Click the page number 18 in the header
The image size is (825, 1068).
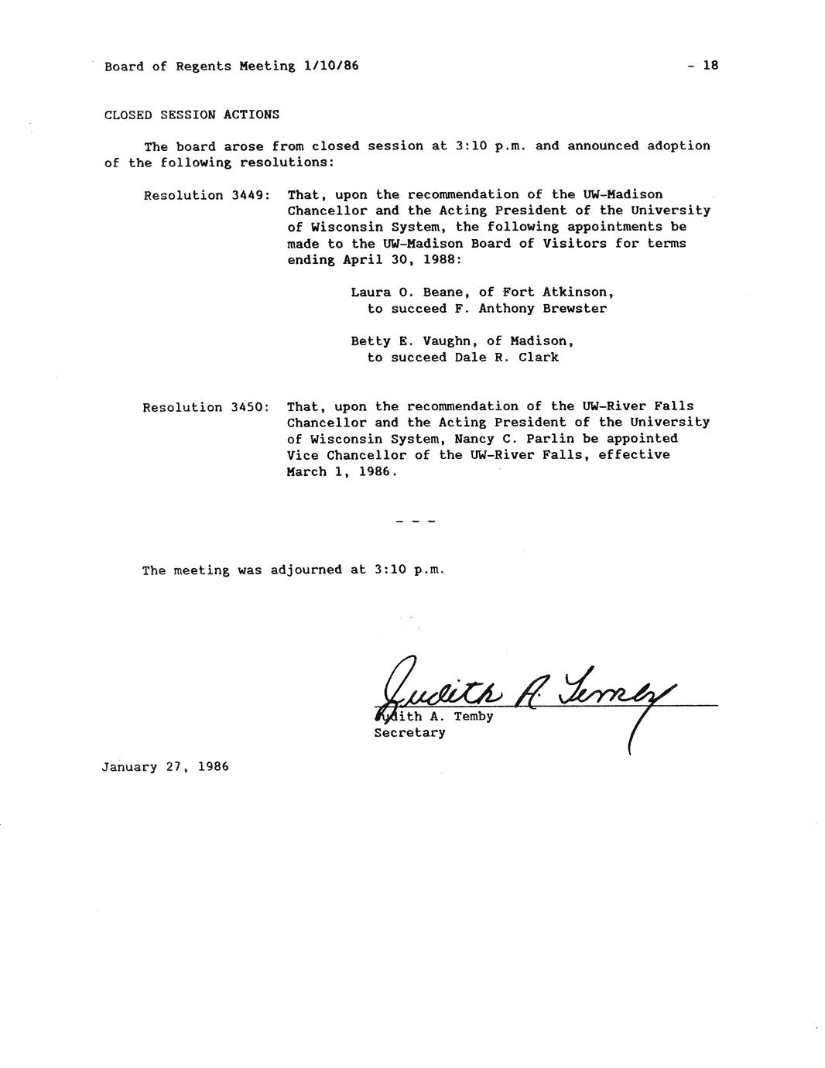pyautogui.click(x=710, y=66)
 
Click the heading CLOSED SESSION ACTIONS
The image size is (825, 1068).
pyautogui.click(x=192, y=115)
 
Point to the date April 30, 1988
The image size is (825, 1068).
pyautogui.click(x=402, y=260)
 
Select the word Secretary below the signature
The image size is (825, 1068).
pyautogui.click(x=409, y=732)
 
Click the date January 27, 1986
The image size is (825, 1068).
pyautogui.click(x=165, y=767)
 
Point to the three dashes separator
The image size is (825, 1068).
pyautogui.click(x=416, y=522)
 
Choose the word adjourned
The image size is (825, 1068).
pyautogui.click(x=306, y=570)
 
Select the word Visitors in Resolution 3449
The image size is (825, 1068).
pyautogui.click(x=577, y=244)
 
